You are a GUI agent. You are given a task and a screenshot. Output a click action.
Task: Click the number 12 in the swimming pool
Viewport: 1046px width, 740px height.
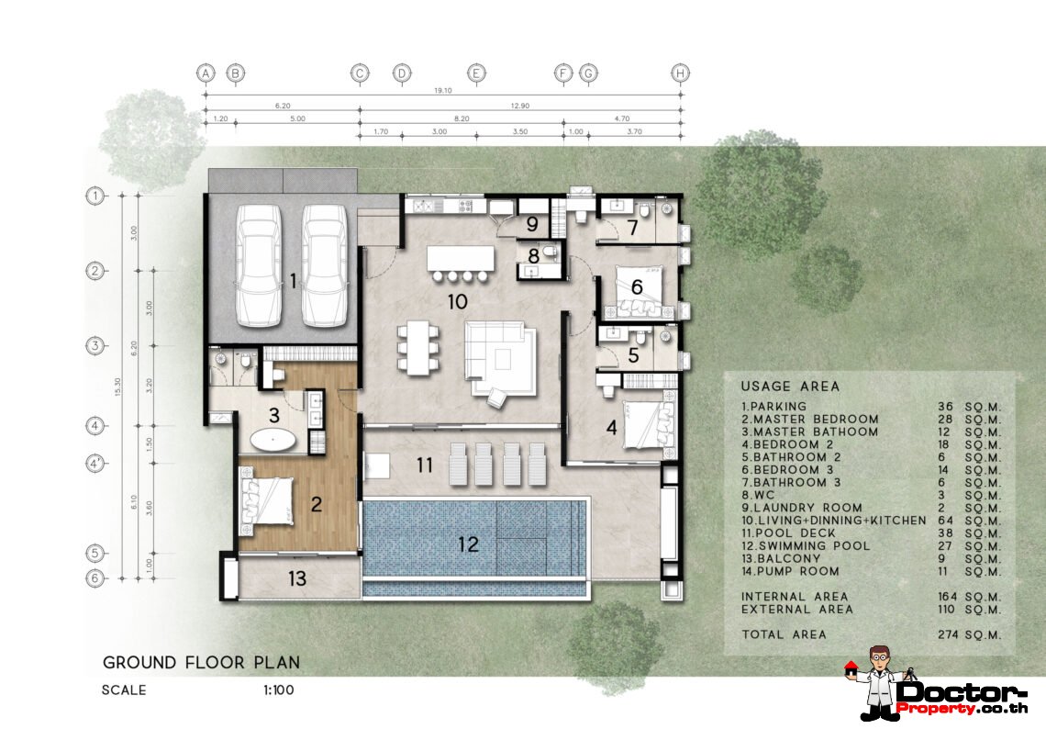point(468,544)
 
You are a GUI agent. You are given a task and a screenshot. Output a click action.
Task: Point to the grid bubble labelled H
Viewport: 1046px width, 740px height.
point(680,73)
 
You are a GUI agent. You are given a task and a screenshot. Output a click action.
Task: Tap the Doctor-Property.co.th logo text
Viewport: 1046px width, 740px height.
point(963,697)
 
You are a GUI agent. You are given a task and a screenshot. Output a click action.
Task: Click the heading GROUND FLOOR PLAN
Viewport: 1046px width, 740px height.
point(201,662)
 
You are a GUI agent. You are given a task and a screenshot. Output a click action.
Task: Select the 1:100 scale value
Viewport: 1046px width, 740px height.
point(277,690)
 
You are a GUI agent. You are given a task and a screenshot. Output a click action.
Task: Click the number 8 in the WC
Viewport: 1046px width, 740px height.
point(533,254)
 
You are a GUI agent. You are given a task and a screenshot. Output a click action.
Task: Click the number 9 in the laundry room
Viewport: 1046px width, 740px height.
point(532,223)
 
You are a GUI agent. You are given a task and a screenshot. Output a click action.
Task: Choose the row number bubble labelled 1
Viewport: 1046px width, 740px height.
point(94,195)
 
